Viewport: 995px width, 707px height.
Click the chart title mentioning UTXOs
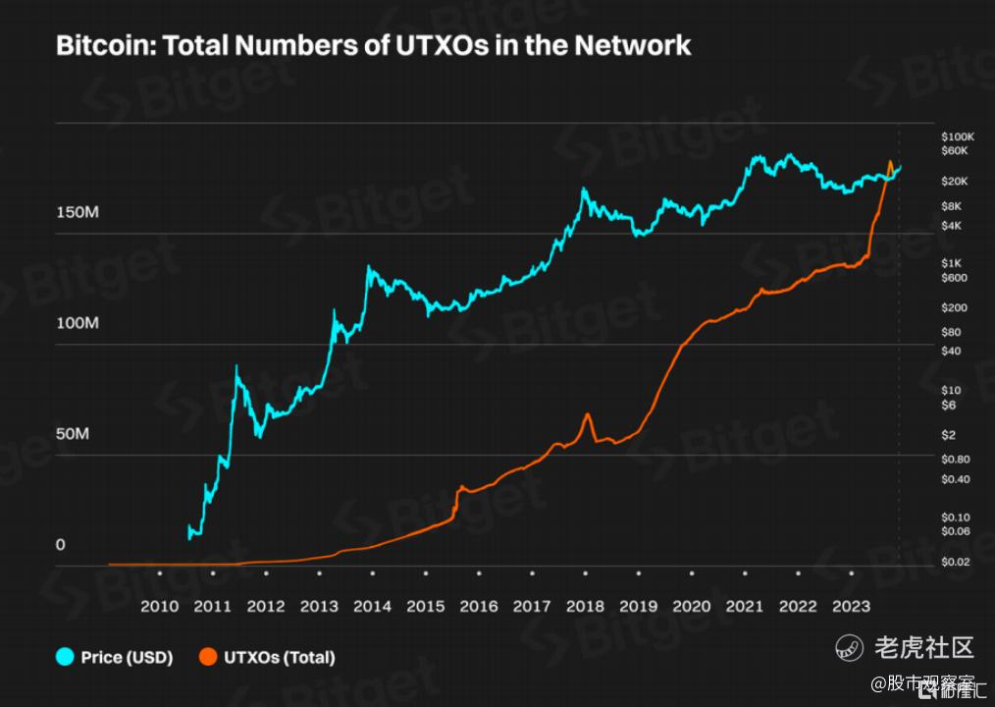(x=374, y=45)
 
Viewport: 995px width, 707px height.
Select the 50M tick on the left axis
(x=72, y=434)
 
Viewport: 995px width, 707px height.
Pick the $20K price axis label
(x=954, y=182)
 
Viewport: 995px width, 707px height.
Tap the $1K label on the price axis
(x=953, y=262)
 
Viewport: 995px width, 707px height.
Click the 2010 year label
(x=160, y=606)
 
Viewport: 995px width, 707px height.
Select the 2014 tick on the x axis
(x=372, y=606)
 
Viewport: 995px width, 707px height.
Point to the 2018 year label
(x=585, y=606)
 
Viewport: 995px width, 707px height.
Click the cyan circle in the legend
(x=66, y=657)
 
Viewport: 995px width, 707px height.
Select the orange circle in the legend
(x=208, y=657)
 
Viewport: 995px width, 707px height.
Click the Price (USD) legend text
(x=127, y=658)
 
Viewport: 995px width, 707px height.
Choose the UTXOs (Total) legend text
(x=279, y=658)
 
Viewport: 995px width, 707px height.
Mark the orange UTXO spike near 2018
(x=587, y=414)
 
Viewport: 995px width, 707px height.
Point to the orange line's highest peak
(x=890, y=162)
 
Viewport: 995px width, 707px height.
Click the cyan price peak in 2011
(x=236, y=366)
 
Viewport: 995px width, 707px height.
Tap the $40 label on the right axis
(x=952, y=351)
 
